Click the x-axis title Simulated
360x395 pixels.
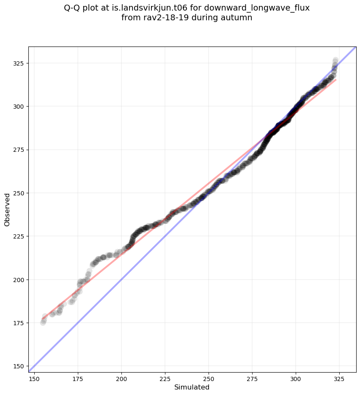click(192, 387)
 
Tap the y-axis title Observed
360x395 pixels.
click(8, 209)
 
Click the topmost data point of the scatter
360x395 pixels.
click(335, 60)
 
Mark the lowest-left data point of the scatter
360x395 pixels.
click(43, 323)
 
